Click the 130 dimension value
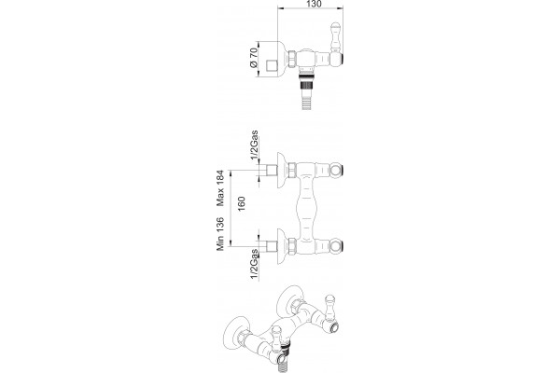coord(314,4)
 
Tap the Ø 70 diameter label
coord(254,58)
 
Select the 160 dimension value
coord(242,203)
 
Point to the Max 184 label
coord(220,188)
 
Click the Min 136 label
coord(220,234)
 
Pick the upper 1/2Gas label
coord(254,145)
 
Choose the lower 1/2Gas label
coord(254,264)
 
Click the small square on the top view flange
coord(273,66)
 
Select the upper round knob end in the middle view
coord(336,171)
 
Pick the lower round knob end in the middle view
coord(336,246)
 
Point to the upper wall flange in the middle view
coord(283,171)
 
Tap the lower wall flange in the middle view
coord(283,246)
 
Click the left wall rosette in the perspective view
coord(234,331)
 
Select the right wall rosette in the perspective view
coord(289,300)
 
